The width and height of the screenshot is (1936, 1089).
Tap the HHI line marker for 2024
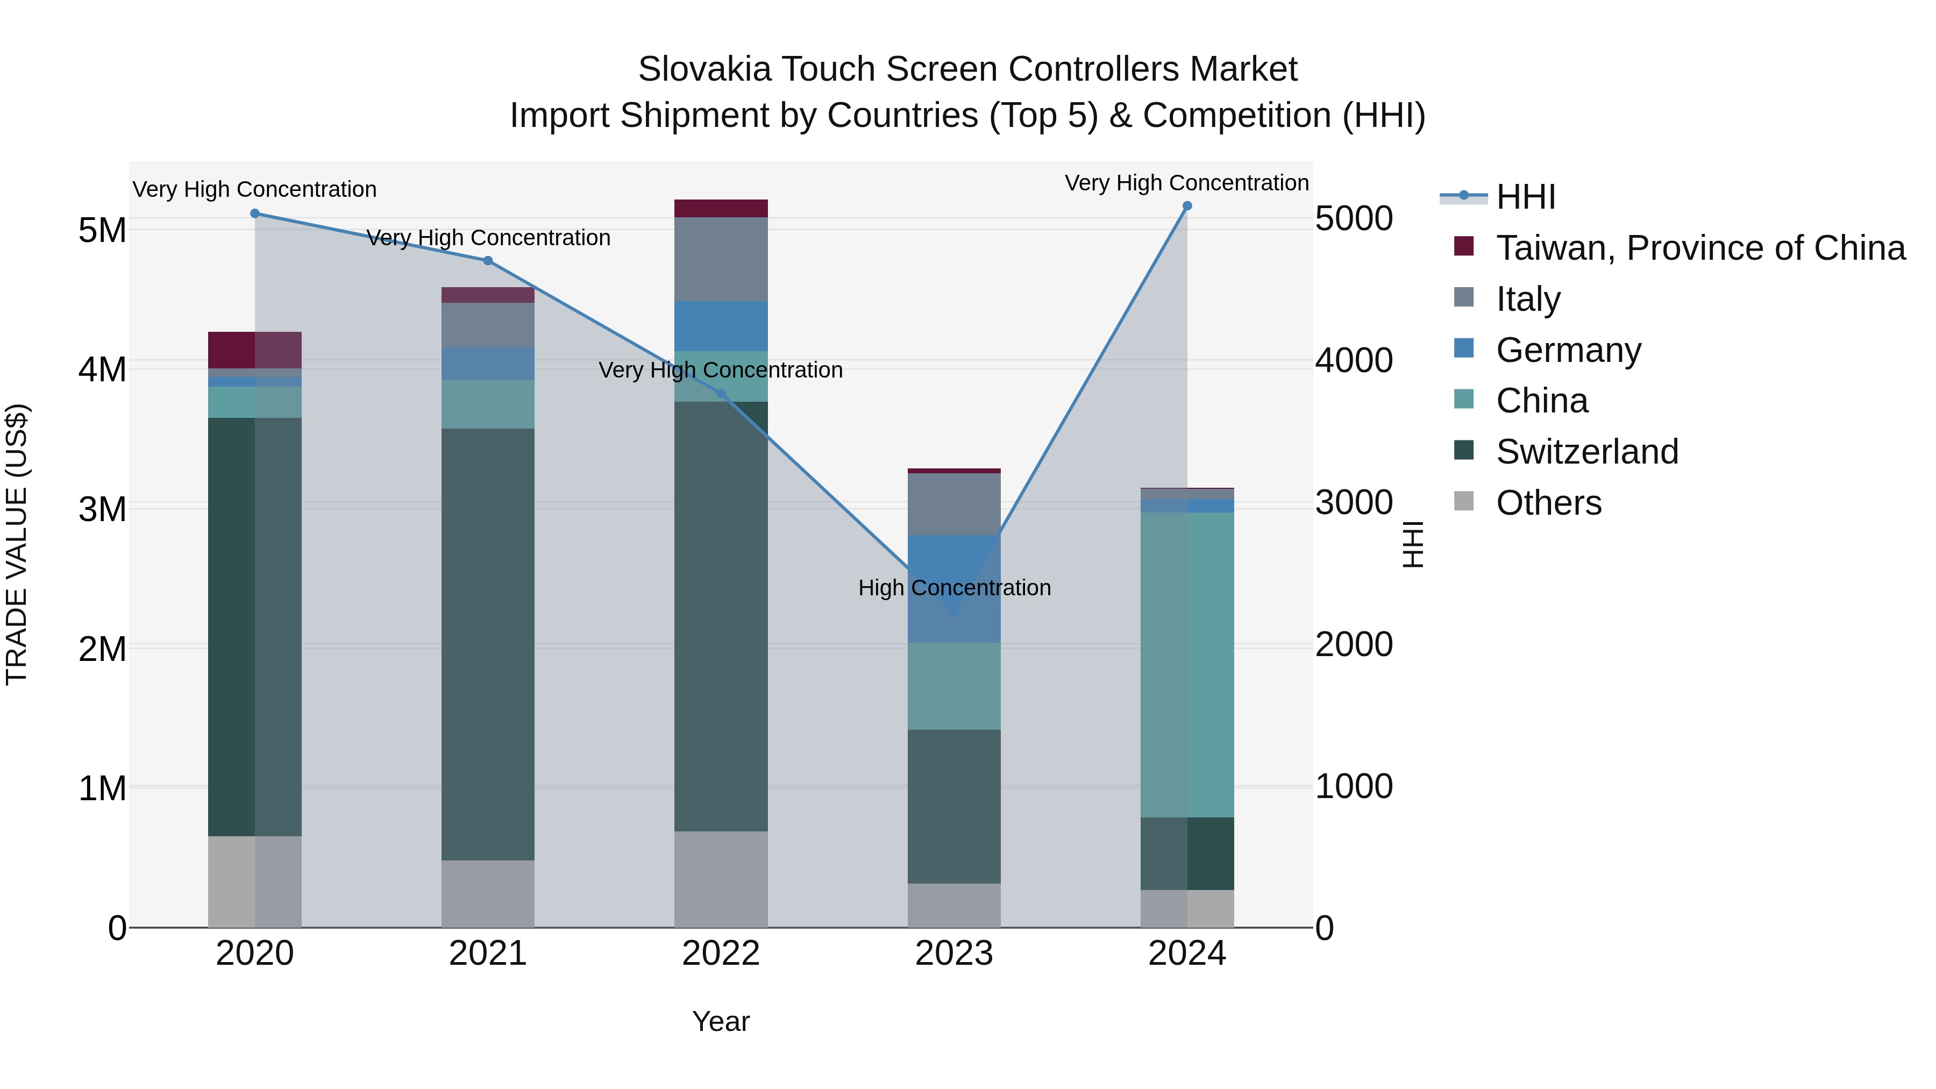click(1187, 206)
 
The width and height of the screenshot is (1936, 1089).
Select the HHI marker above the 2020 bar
click(255, 213)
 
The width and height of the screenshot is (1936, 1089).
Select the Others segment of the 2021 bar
click(488, 894)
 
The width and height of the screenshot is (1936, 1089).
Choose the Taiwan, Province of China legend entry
click(1700, 248)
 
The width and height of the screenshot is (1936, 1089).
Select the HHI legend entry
click(1525, 197)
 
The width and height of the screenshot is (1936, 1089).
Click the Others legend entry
click(1548, 503)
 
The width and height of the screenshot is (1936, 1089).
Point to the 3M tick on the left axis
click(102, 509)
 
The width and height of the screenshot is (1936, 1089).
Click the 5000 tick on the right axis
click(1354, 219)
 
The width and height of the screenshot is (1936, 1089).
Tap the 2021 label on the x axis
click(488, 953)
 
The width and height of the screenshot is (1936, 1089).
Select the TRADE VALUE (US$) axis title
click(17, 544)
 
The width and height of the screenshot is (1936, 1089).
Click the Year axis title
click(721, 1021)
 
